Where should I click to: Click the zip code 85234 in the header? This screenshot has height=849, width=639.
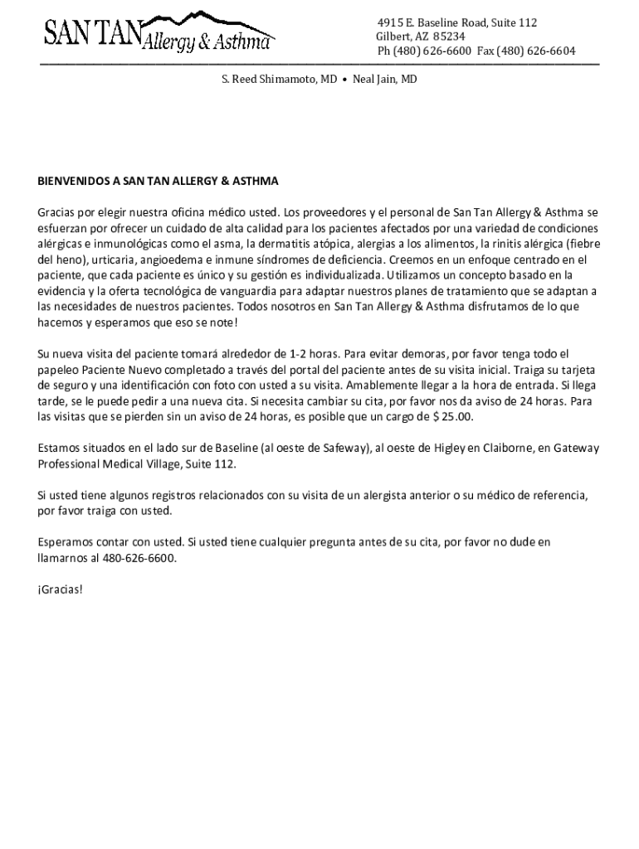pos(448,36)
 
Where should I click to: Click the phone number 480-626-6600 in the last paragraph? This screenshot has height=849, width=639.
pos(140,558)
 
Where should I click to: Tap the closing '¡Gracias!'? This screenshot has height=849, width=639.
pos(61,589)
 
